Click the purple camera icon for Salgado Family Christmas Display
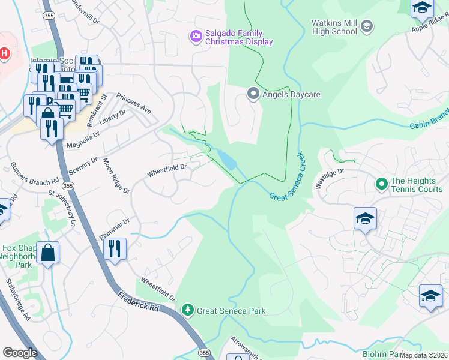[195, 37]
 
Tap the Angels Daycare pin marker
[253, 94]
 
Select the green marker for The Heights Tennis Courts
[380, 183]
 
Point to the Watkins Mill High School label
[334, 27]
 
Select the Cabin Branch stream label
[429, 121]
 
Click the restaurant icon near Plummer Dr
[115, 248]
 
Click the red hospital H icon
[5, 53]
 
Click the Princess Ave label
[134, 103]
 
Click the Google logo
[20, 352]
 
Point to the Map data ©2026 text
[424, 355]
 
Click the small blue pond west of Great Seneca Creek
[228, 160]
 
